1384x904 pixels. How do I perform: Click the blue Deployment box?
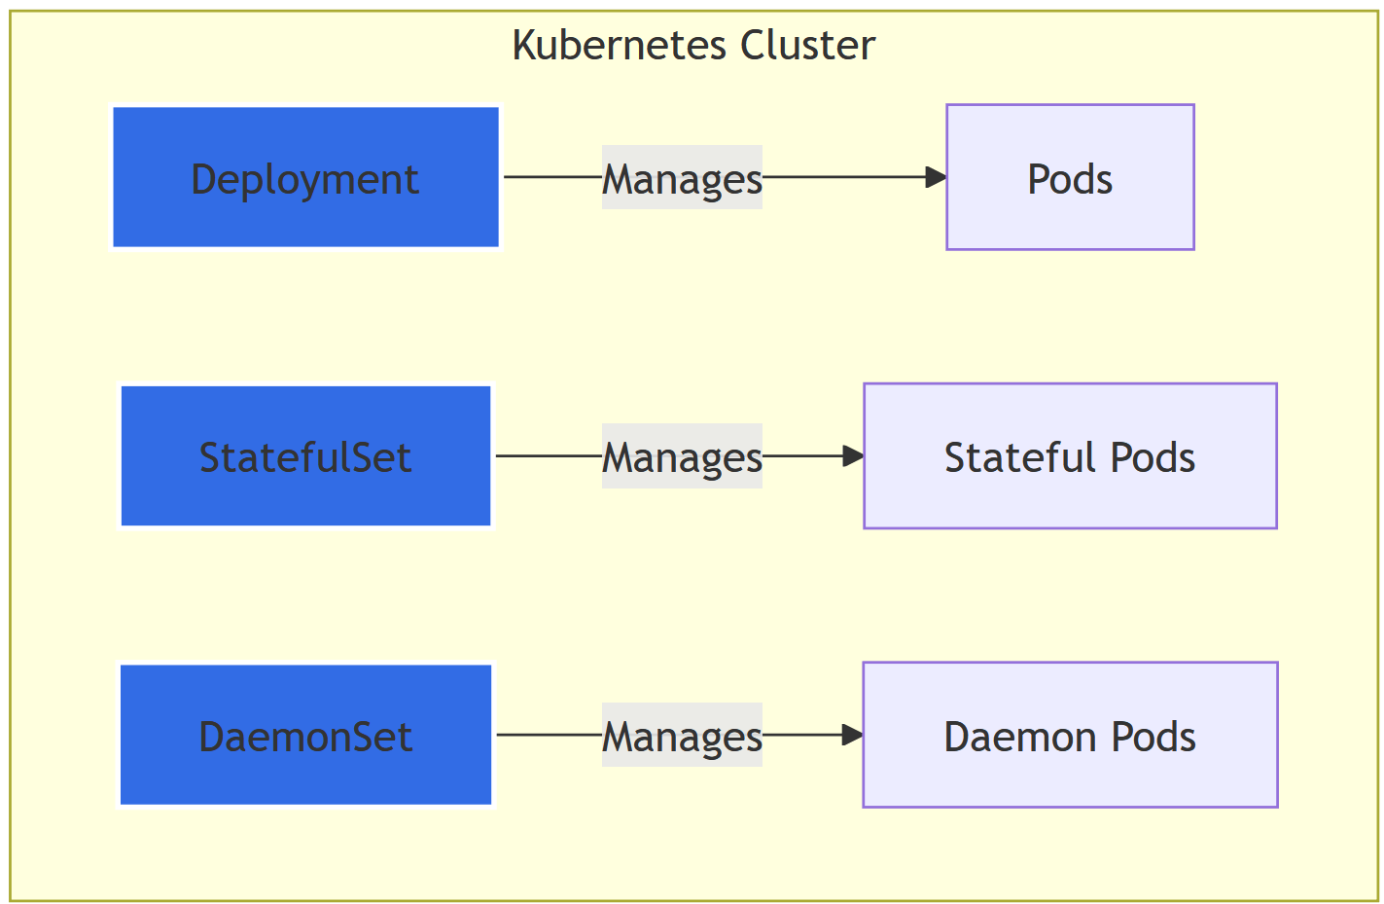[x=305, y=177]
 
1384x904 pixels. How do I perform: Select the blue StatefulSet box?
[x=305, y=455]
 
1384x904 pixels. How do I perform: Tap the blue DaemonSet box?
[x=305, y=735]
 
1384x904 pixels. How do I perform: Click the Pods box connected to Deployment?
[x=1070, y=177]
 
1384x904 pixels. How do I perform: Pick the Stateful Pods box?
[x=1070, y=455]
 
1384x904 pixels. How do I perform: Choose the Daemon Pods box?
[x=1070, y=735]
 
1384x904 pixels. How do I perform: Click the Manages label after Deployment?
[x=682, y=178]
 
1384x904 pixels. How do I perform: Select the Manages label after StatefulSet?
[x=682, y=456]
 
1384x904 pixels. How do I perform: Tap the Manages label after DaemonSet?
[x=682, y=736]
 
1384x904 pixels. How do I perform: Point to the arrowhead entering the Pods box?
[x=936, y=177]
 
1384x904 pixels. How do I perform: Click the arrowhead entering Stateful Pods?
[x=853, y=455]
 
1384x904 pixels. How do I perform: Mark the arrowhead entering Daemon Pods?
[x=852, y=735]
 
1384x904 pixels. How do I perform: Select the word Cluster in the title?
[x=807, y=46]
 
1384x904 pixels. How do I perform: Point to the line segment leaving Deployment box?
[x=552, y=177]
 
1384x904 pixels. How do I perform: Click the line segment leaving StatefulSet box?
[x=549, y=455]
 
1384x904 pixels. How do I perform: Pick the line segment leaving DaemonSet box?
[x=549, y=735]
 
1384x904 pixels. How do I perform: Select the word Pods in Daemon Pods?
[x=1153, y=737]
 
